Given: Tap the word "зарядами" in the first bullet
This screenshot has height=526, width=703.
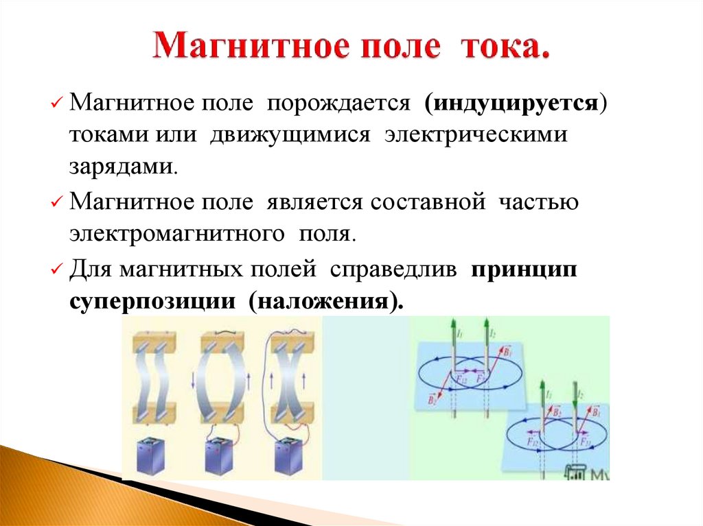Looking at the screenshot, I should pyautogui.click(x=122, y=166).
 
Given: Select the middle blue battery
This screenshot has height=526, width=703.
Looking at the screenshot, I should pyautogui.click(x=220, y=455).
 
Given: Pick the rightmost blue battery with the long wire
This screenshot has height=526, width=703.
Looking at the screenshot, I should pyautogui.click(x=288, y=455).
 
